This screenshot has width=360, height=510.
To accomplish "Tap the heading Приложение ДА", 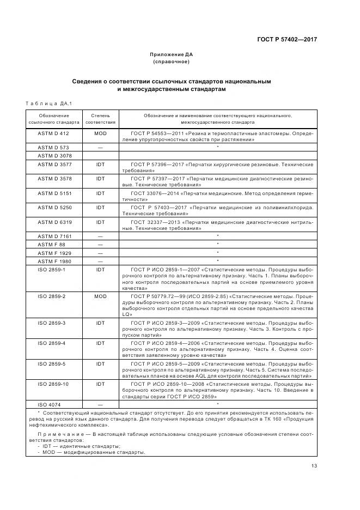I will [x=172, y=54].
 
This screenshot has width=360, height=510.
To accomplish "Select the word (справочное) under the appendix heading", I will [x=172, y=62].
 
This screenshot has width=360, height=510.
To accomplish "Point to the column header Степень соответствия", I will [x=100, y=119].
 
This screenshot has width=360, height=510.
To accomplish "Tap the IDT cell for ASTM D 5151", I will [x=100, y=193].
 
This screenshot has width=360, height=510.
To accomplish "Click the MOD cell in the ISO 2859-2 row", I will [x=100, y=296].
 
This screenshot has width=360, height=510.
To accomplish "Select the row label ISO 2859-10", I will [x=53, y=384].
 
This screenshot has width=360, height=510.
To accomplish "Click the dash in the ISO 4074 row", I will [x=100, y=404].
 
